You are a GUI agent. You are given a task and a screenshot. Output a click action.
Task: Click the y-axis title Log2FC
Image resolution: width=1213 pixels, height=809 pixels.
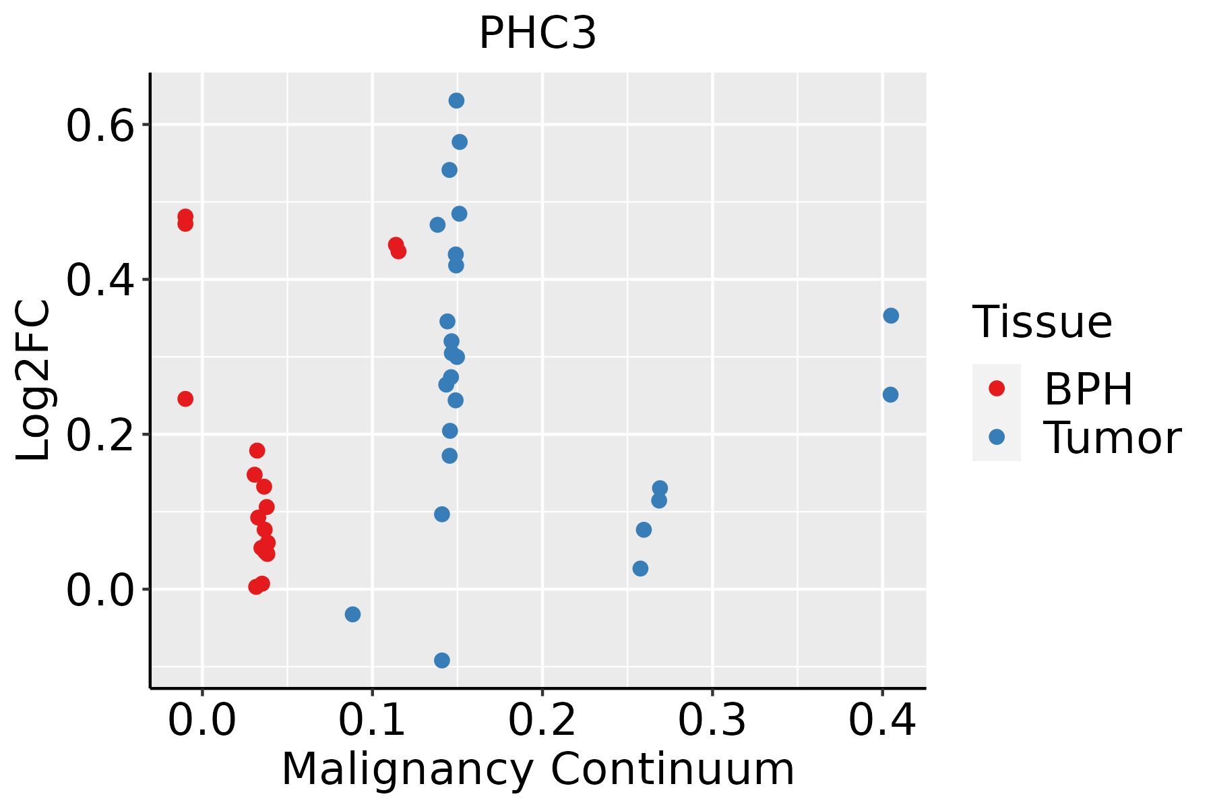(34, 381)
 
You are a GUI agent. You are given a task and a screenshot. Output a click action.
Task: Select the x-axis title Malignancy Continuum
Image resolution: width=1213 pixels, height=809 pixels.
(537, 769)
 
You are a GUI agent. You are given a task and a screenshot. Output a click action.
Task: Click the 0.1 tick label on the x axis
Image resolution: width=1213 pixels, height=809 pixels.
(372, 720)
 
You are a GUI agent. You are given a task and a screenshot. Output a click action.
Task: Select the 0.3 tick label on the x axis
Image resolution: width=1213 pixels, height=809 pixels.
(712, 720)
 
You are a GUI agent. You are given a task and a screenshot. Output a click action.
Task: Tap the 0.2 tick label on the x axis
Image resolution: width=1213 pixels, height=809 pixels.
(542, 720)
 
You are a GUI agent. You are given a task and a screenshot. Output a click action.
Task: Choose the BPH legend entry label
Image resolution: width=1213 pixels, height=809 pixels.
(1088, 388)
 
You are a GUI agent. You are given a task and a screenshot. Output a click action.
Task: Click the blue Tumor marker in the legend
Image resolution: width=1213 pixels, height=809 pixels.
(996, 437)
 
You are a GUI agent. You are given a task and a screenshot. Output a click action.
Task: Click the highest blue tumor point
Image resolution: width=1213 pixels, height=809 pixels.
(456, 101)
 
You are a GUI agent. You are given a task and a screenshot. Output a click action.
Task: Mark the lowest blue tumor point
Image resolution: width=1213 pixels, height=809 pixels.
(442, 660)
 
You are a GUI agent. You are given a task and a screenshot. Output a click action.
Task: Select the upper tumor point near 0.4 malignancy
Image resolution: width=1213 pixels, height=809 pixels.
(891, 316)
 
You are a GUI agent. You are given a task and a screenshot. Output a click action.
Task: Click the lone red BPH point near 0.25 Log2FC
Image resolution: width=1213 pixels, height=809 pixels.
(185, 399)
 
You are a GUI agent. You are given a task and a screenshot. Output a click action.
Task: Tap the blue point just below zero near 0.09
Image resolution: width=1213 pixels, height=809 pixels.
(352, 614)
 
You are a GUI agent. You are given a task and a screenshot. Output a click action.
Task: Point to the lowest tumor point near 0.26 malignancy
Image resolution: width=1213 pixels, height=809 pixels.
(640, 569)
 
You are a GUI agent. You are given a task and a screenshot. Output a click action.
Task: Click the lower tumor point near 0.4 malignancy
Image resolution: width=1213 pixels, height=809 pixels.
(890, 394)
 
